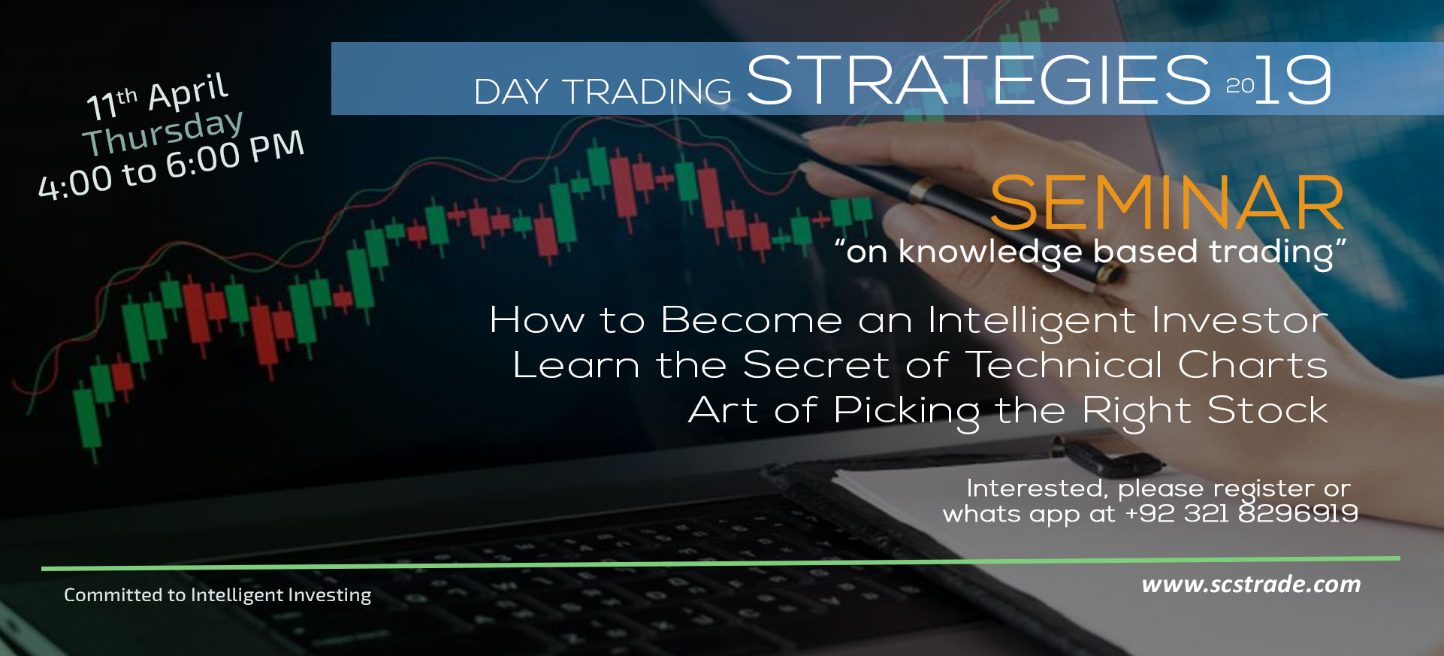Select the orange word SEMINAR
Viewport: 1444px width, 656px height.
[1167, 203]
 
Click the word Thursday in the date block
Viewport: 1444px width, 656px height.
[163, 132]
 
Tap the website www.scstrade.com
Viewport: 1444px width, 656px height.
[1251, 584]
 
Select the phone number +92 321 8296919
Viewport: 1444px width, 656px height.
[1241, 513]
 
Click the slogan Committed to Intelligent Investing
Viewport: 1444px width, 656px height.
[217, 595]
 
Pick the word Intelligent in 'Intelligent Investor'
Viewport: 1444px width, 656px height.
[1032, 322]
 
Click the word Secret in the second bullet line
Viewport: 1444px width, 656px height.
[816, 365]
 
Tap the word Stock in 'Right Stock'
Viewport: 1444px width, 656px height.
[1267, 410]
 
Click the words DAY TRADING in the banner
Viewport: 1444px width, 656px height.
[603, 92]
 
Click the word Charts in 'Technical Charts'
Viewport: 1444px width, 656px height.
[1252, 365]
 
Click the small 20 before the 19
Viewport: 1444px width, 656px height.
[1240, 86]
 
